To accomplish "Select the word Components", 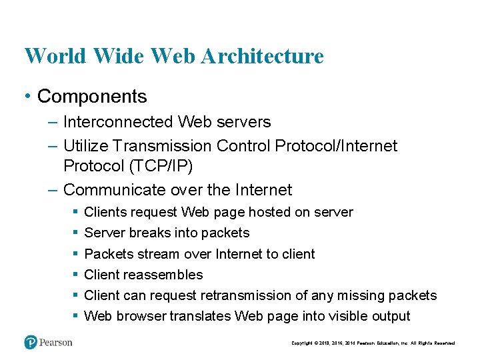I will tap(92, 97).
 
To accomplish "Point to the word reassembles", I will tap(163, 275).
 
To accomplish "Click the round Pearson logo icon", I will tap(31, 342).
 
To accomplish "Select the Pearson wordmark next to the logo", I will tap(56, 343).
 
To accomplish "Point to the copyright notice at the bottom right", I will tap(373, 343).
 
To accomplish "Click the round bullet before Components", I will tap(27, 97).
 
